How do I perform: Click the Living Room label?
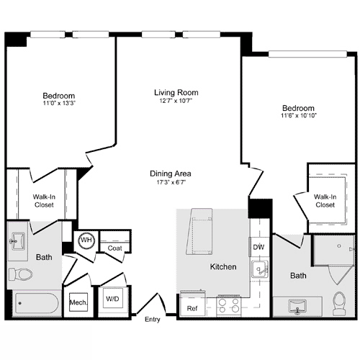click(176, 92)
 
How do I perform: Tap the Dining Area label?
click(170, 174)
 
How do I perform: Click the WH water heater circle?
click(86, 240)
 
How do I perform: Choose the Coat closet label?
click(114, 248)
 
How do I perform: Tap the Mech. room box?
click(77, 303)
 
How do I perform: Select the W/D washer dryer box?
click(113, 298)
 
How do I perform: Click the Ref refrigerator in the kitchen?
click(192, 307)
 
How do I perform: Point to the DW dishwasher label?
click(258, 248)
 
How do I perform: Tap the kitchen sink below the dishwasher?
click(258, 271)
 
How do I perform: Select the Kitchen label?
click(222, 267)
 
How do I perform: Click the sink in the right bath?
click(297, 306)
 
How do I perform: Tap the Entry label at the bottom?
click(153, 319)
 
